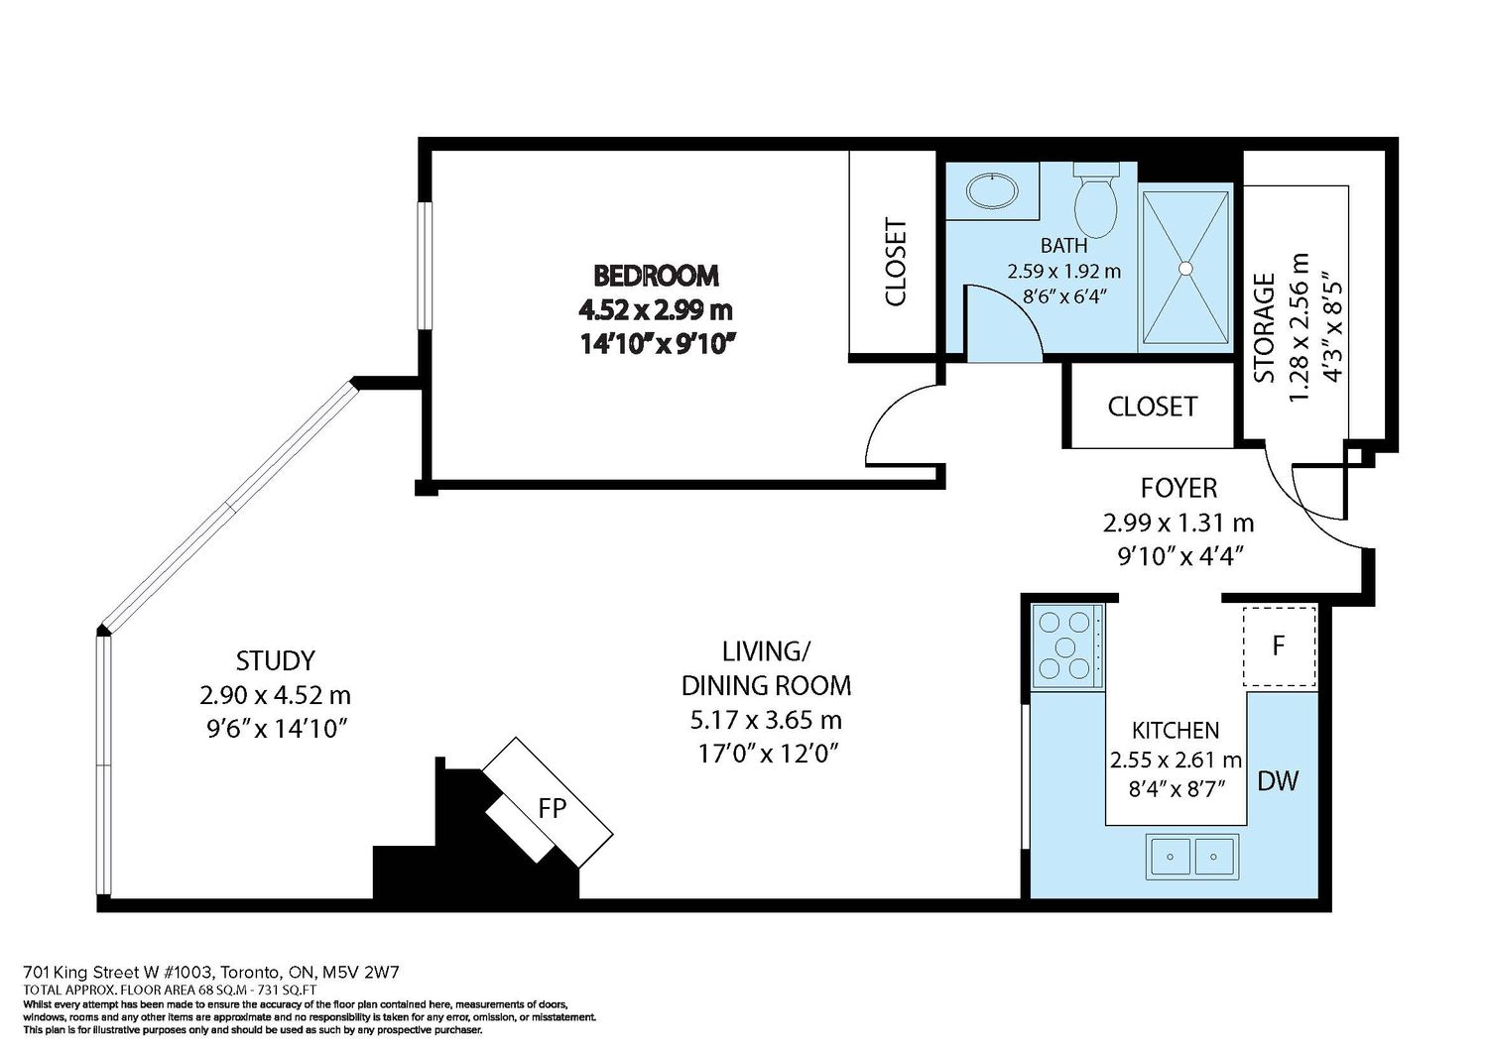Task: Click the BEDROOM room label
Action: click(x=656, y=275)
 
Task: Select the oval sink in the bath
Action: click(x=992, y=191)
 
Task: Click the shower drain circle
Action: click(x=1185, y=268)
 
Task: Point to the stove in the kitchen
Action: click(x=1067, y=645)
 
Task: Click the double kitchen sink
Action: click(x=1191, y=857)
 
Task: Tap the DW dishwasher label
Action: click(x=1278, y=781)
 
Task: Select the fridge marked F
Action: click(x=1279, y=646)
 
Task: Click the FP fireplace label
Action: click(x=552, y=808)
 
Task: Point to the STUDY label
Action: click(x=275, y=660)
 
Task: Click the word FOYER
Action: click(x=1179, y=488)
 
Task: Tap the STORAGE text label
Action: click(x=1264, y=328)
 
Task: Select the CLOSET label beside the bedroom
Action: click(x=896, y=263)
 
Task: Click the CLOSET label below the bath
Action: click(x=1153, y=407)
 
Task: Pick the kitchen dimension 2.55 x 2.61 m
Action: click(x=1176, y=760)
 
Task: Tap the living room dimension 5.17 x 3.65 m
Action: click(x=766, y=720)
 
